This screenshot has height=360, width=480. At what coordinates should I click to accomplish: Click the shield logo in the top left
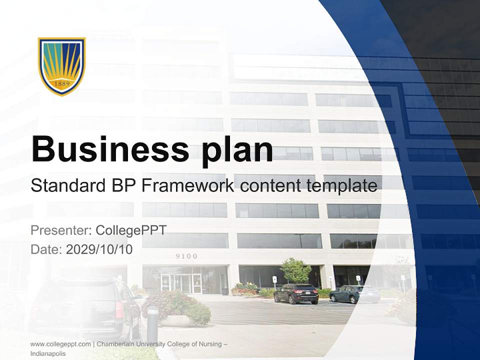pyautogui.click(x=62, y=65)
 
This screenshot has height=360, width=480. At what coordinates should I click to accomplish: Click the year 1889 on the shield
pyautogui.click(x=62, y=83)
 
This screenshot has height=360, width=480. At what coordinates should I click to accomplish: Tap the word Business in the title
pyautogui.click(x=110, y=149)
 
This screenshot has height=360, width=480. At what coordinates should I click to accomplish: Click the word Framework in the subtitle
pyautogui.click(x=187, y=186)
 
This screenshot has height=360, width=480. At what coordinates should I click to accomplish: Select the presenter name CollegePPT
pyautogui.click(x=131, y=230)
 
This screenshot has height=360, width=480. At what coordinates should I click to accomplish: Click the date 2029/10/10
pyautogui.click(x=99, y=249)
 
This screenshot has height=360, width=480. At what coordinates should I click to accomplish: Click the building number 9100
pyautogui.click(x=186, y=256)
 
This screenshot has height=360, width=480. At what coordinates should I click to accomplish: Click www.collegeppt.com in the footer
pyautogui.click(x=60, y=344)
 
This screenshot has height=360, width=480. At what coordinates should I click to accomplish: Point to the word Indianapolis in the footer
pyautogui.click(x=47, y=353)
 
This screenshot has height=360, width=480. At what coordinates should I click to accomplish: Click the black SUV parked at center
pyautogui.click(x=296, y=293)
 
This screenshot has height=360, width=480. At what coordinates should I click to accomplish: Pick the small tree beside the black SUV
pyautogui.click(x=295, y=270)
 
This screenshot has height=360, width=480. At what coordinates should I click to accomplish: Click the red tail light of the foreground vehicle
pyautogui.click(x=119, y=310)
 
